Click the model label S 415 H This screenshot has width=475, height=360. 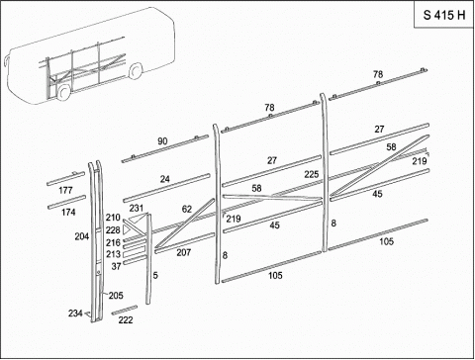[444, 15]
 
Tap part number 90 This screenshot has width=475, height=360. [162, 141]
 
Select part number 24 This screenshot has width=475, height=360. [165, 179]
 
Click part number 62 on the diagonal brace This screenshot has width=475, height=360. [187, 209]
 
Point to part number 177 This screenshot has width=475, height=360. [65, 190]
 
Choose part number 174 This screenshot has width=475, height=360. [68, 212]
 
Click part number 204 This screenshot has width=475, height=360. [82, 236]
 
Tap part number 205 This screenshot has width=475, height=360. [116, 296]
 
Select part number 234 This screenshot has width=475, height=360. [75, 313]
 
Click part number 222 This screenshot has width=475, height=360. [126, 319]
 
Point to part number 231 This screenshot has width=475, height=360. [137, 208]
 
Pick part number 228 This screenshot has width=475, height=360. [113, 230]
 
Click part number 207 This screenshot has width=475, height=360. [184, 252]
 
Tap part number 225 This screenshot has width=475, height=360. [312, 174]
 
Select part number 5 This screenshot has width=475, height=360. [155, 275]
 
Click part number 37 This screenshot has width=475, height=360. [116, 266]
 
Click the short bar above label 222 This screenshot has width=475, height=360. [125, 310]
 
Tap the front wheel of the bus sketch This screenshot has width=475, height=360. [62, 92]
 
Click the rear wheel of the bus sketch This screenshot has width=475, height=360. [135, 71]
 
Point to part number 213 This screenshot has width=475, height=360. [113, 254]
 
